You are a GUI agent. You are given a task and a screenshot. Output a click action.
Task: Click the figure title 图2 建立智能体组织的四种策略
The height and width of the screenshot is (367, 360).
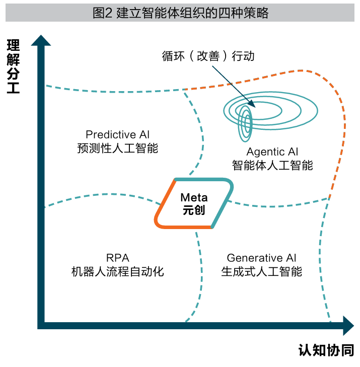point(180,13)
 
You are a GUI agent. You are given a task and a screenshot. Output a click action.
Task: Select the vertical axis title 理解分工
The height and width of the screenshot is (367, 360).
point(13,67)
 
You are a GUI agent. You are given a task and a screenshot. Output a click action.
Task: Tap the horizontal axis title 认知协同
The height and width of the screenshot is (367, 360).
point(326,350)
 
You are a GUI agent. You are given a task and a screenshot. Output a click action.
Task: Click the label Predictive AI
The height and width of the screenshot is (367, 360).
point(117,135)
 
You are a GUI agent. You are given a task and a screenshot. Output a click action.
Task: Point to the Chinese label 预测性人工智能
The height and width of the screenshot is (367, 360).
point(117,149)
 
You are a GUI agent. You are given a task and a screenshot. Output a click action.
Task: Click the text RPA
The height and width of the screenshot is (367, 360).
point(117,258)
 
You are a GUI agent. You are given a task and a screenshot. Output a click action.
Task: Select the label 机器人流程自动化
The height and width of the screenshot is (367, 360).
point(117,272)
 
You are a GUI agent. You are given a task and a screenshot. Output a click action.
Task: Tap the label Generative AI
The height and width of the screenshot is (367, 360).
point(262,258)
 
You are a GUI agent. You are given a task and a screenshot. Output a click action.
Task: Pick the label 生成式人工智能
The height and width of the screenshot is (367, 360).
point(262,272)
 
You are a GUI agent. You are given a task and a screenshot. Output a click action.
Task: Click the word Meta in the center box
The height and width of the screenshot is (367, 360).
point(194,197)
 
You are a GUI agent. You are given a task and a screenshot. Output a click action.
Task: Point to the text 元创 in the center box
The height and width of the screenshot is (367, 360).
point(194,210)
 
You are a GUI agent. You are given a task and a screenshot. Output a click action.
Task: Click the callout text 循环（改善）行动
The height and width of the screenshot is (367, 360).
point(208,56)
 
